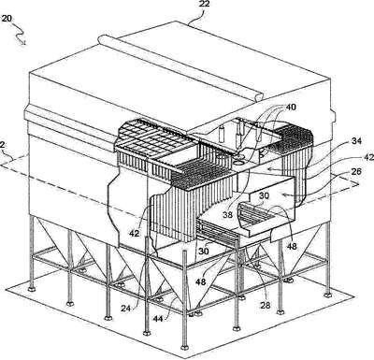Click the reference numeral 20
coord(7,19)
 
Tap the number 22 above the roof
coord(204,4)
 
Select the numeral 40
coord(290,108)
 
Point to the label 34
coord(356,141)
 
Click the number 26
coord(356,171)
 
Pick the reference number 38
coord(228,215)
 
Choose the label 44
coord(159,319)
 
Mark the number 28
coord(266,305)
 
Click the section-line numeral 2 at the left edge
coord(3,145)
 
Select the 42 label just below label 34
coord(369,157)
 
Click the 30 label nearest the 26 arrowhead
coord(265,196)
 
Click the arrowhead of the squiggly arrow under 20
coord(23,43)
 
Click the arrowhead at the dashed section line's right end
coord(356,184)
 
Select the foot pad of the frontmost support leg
coord(184,347)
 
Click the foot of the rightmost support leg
coord(327,295)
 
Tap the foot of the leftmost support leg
coord(31,289)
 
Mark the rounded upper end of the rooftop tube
coord(101,40)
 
